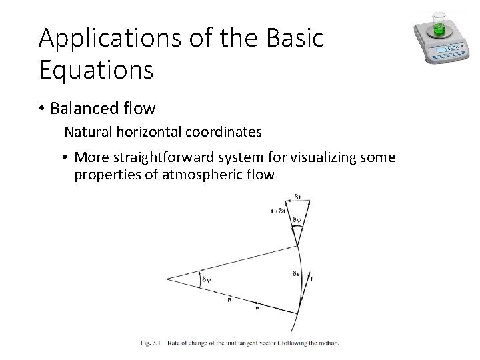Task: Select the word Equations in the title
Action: click(x=96, y=69)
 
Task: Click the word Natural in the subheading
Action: click(x=86, y=132)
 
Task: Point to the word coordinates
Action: click(x=225, y=132)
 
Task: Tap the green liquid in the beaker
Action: click(x=438, y=27)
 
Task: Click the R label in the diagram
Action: click(x=229, y=301)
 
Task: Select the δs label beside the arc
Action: click(x=295, y=273)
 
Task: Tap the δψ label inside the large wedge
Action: click(x=207, y=280)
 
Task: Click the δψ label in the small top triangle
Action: click(x=297, y=219)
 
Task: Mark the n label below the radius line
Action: click(x=257, y=308)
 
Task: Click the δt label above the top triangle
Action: click(x=297, y=196)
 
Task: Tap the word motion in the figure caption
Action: click(x=325, y=343)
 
